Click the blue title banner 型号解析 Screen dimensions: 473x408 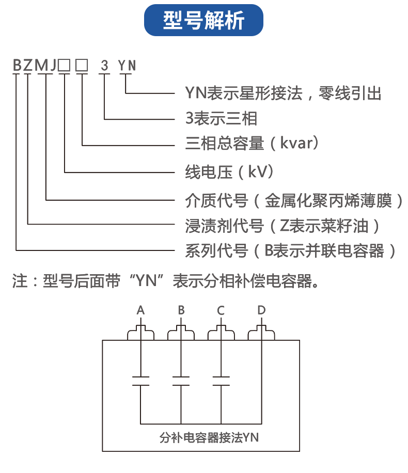tap(203, 21)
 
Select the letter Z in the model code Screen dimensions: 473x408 tap(28, 66)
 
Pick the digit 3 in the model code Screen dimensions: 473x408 tap(105, 66)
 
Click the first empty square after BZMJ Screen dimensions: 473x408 tap(65, 66)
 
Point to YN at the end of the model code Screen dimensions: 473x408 tap(127, 66)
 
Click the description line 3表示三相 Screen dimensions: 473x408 tap(221, 119)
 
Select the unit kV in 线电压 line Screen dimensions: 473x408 tap(260, 171)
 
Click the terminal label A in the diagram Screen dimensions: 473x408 tap(140, 310)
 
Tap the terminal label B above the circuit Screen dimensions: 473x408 tap(181, 310)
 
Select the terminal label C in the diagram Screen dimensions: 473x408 tap(221, 310)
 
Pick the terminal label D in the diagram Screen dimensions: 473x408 tap(261, 310)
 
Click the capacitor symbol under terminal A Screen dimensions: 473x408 tap(140, 381)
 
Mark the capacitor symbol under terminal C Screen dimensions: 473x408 tap(221, 381)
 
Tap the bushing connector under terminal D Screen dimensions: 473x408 tap(261, 334)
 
